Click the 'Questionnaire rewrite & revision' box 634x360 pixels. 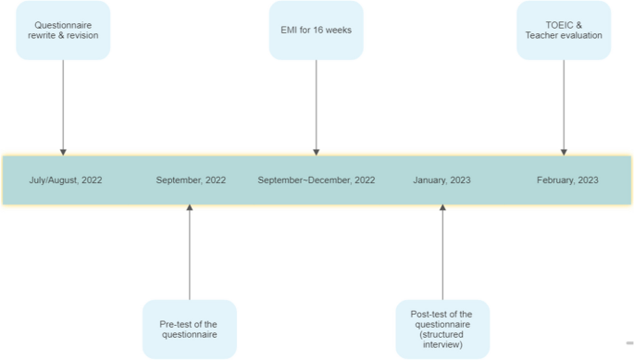coord(63,31)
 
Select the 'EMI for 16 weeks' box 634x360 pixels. coord(317,31)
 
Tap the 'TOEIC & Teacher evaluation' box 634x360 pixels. coord(563,31)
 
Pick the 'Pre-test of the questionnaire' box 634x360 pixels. coord(190,329)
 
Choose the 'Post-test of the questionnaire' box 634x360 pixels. coord(441,329)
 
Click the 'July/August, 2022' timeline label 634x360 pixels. coord(66,180)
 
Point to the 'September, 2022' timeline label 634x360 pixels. coord(191,180)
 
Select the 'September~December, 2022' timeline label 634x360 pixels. coord(316,180)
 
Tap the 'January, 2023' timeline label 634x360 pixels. coord(441,180)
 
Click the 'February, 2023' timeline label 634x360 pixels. coord(567,180)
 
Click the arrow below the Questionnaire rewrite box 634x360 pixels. coord(63,106)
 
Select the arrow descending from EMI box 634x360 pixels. coord(317,106)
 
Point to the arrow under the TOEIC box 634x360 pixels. coord(563,106)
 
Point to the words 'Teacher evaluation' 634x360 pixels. coord(563,36)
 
